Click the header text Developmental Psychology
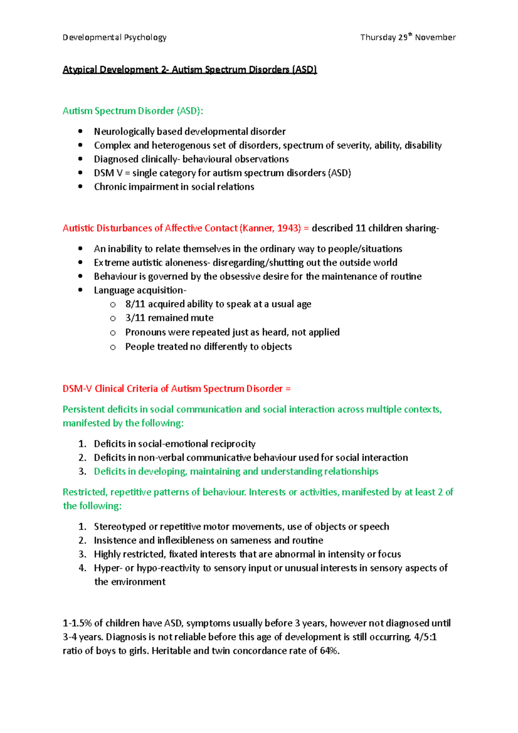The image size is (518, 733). click(114, 38)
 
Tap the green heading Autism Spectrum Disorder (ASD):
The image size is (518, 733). click(133, 111)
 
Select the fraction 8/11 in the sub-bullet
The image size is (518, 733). click(135, 304)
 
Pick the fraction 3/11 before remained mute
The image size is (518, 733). click(135, 318)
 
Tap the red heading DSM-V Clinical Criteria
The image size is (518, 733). click(177, 389)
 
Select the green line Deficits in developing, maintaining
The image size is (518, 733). click(236, 472)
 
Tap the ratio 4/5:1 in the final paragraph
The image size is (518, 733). click(425, 638)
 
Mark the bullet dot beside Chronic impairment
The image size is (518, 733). click(80, 187)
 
